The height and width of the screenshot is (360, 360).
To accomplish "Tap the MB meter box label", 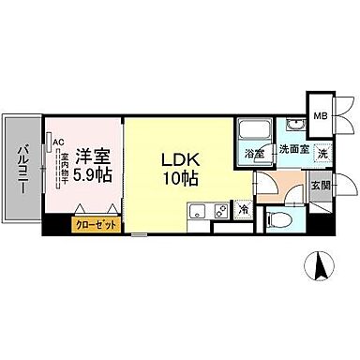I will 321,116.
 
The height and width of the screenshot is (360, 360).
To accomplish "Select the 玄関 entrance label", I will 321,185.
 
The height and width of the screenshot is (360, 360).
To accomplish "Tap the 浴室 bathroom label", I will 254,153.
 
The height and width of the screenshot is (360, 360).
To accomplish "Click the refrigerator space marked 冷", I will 243,210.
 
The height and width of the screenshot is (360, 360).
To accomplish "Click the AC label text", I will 58,142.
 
